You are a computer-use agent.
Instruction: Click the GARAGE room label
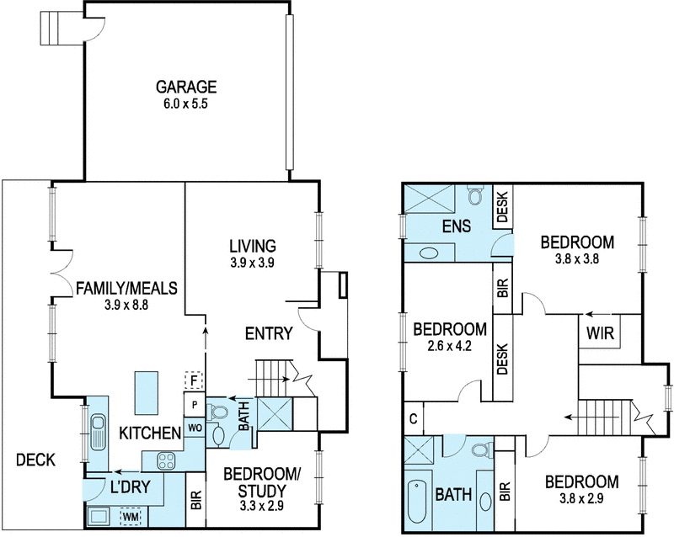pos(186,86)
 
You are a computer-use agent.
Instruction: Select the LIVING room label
pos(253,246)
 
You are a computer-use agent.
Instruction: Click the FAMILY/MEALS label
pos(127,288)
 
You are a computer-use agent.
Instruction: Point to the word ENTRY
pos(268,333)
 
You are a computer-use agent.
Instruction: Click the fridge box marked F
pos(194,381)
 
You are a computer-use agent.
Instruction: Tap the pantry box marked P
pos(194,404)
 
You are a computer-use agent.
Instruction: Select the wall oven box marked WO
pos(194,428)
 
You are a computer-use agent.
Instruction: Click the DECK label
pos(35,460)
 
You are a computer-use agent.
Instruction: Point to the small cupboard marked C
pos(413,418)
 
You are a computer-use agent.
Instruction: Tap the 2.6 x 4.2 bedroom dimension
pos(450,345)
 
